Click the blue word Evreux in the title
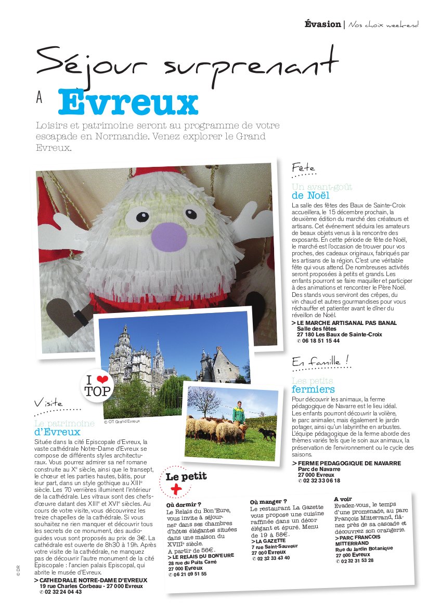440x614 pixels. [128, 102]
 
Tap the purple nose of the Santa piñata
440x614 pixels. [169, 236]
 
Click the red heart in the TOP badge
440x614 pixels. [102, 380]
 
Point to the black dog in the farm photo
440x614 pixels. [267, 434]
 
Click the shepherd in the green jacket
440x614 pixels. [239, 413]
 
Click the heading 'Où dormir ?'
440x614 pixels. [184, 504]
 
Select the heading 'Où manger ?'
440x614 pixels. [268, 502]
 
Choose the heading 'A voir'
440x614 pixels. [343, 499]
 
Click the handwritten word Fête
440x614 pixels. [303, 168]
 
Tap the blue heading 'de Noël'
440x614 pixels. [310, 195]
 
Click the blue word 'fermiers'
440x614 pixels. [313, 389]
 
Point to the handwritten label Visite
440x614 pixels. [48, 403]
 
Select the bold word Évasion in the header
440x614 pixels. [322, 24]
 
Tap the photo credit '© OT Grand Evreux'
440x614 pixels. [122, 422]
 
